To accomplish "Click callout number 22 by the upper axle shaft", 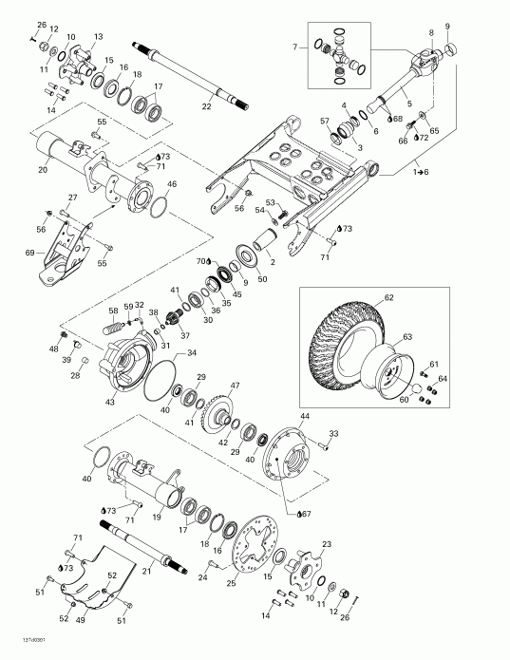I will point(206,106).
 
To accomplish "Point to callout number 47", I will point(235,387).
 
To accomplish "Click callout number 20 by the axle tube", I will point(42,170).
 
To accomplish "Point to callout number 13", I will point(97,36).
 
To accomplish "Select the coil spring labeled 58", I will point(113,326).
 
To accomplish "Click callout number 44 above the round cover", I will point(304,417).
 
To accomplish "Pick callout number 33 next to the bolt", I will point(333,434).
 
